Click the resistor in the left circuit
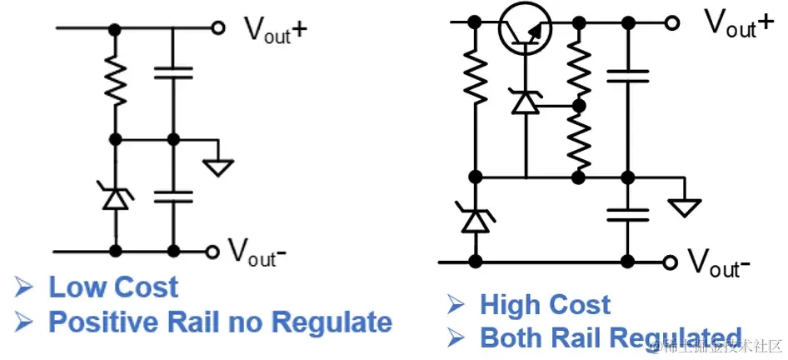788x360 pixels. [117, 81]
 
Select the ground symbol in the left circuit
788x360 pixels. [218, 166]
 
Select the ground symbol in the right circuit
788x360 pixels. [686, 206]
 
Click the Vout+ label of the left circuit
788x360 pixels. [275, 29]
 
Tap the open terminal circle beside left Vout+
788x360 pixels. [218, 28]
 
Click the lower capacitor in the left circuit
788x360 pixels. [173, 197]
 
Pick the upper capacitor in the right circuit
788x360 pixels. [627, 77]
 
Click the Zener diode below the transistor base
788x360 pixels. [526, 101]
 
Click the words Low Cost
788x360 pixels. [113, 287]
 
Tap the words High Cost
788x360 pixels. [545, 305]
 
